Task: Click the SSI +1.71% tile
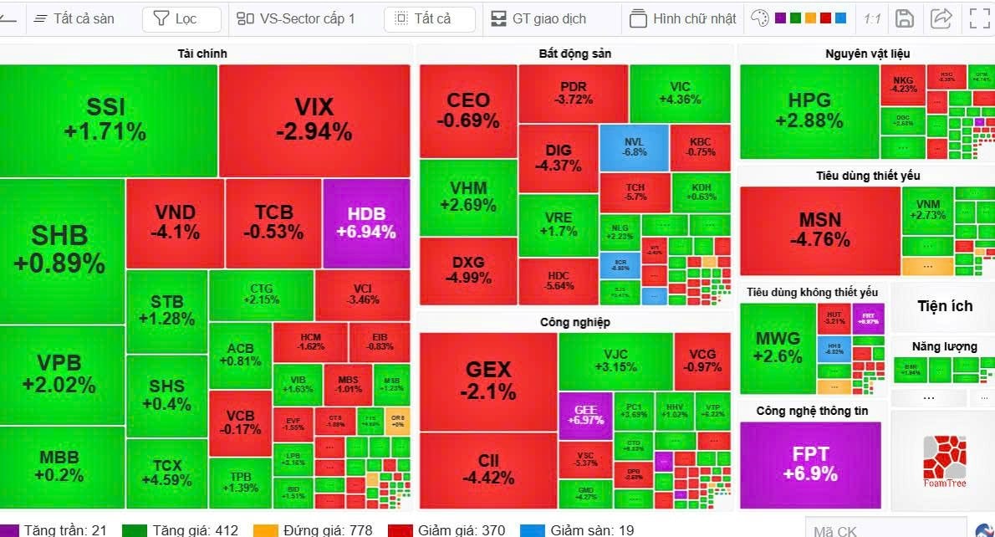click(x=105, y=119)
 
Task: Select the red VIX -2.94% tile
click(x=314, y=119)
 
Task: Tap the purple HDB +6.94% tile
click(x=365, y=222)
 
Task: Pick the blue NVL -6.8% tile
click(x=634, y=147)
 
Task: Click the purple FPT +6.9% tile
click(x=809, y=463)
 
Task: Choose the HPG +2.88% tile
click(x=809, y=110)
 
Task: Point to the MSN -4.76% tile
click(x=819, y=229)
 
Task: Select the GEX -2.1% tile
click(x=487, y=380)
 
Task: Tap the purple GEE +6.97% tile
click(x=584, y=414)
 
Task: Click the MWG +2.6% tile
click(x=777, y=346)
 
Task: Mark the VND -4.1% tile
click(x=175, y=222)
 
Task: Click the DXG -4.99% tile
click(x=467, y=269)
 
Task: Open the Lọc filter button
click(x=181, y=18)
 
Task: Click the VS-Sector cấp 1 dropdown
click(x=297, y=18)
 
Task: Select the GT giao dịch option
click(x=538, y=18)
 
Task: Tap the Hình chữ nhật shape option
click(x=683, y=18)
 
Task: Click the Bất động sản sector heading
click(x=574, y=54)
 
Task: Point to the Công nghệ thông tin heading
click(x=812, y=411)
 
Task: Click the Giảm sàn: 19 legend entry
click(x=577, y=530)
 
